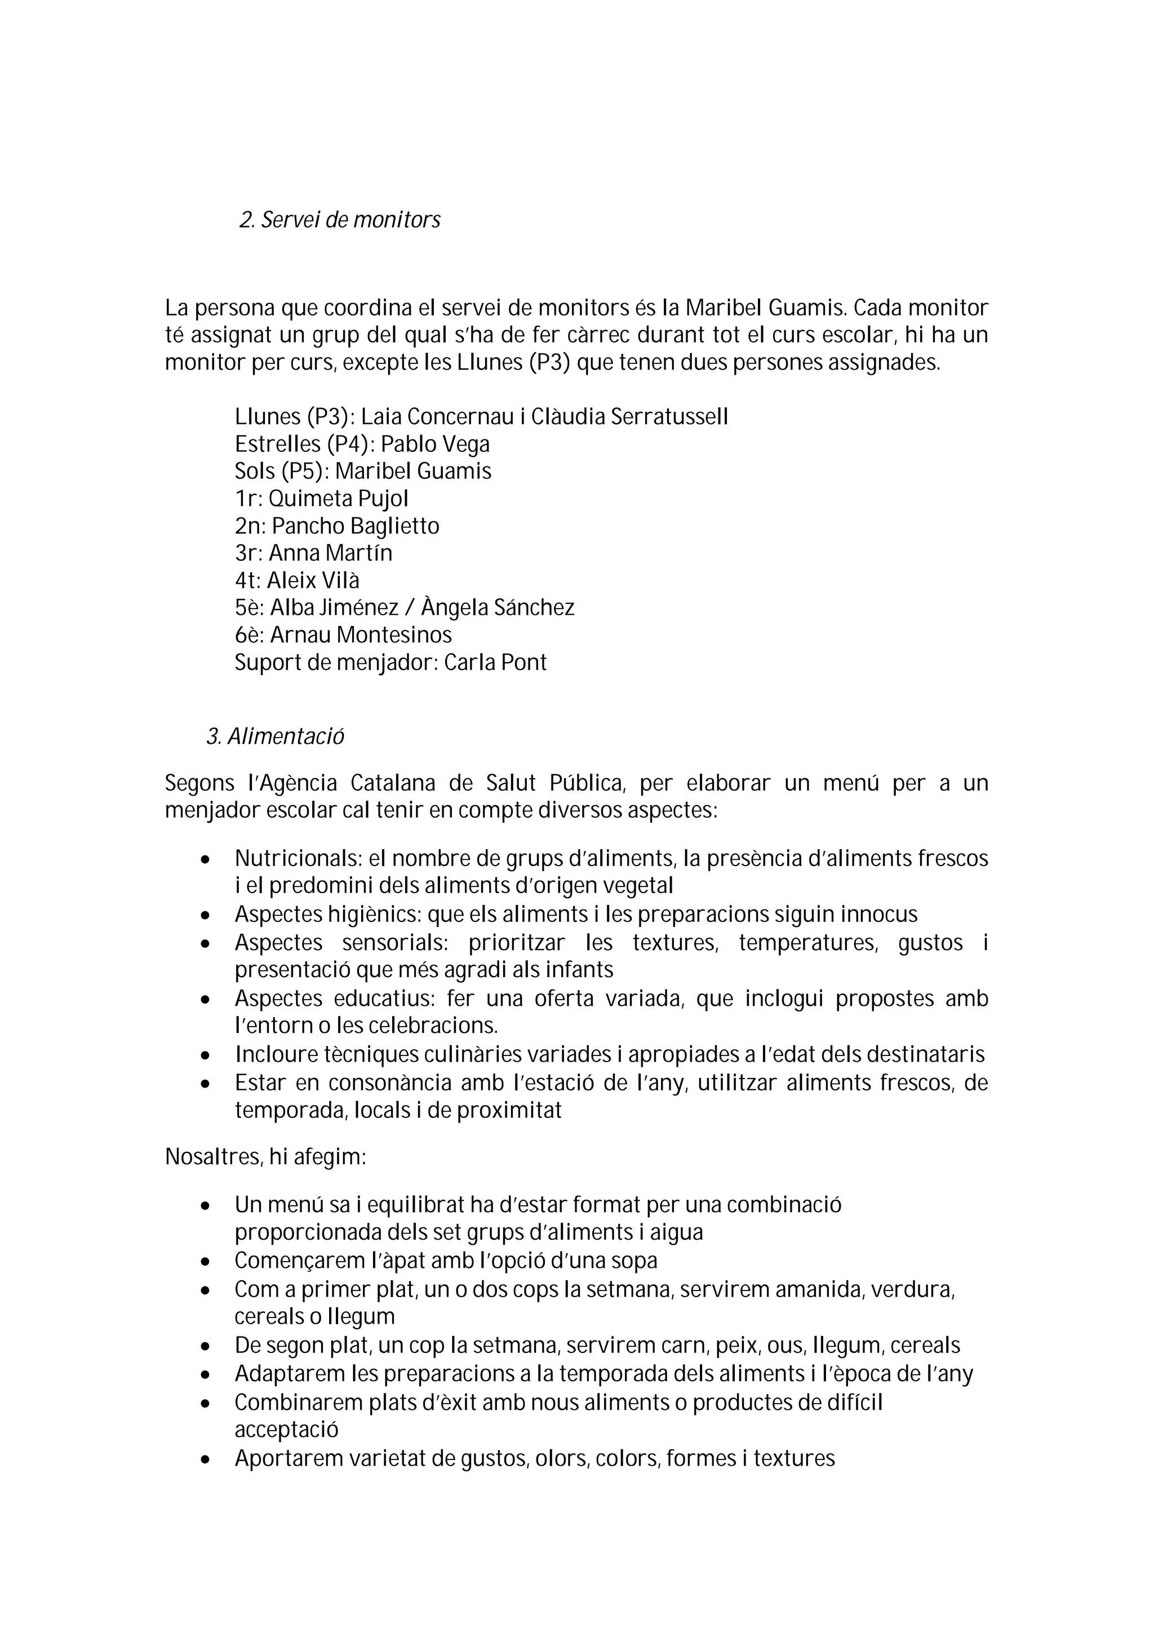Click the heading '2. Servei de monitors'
339,220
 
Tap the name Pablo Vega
434,445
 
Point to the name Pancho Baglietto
355,526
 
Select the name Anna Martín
330,553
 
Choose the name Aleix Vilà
313,581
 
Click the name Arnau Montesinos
361,635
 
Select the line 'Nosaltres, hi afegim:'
265,1157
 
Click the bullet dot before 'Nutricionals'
206,860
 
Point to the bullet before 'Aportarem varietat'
206,1459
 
